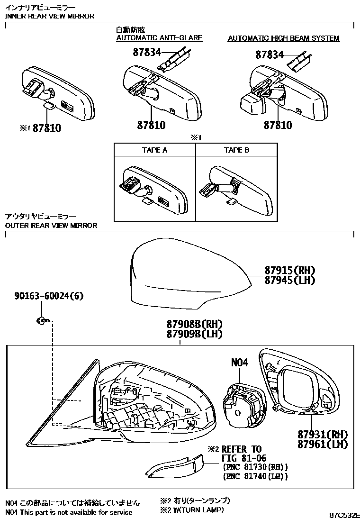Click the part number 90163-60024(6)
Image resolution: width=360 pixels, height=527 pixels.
pyautogui.click(x=49, y=296)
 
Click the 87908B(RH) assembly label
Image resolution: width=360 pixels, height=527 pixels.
pyautogui.click(x=194, y=324)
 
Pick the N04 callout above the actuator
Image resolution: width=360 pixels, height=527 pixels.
pyautogui.click(x=239, y=362)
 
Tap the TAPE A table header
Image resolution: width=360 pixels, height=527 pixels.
pyautogui.click(x=154, y=150)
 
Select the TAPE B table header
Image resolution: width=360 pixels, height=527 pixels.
pyautogui.click(x=237, y=150)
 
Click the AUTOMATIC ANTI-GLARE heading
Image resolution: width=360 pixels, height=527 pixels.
pyautogui.click(x=159, y=37)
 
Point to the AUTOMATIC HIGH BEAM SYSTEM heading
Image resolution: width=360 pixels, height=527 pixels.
pyautogui.click(x=283, y=38)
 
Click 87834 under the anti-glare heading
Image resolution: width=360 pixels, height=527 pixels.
pyautogui.click(x=147, y=52)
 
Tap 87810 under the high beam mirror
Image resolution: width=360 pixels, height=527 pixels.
pyautogui.click(x=278, y=125)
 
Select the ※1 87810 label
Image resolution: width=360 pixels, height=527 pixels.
pyautogui.click(x=40, y=128)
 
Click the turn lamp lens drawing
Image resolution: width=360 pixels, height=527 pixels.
pyautogui.click(x=175, y=466)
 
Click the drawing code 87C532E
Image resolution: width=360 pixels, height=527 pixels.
pyautogui.click(x=344, y=515)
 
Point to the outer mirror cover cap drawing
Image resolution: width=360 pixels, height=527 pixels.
pyautogui.click(x=190, y=275)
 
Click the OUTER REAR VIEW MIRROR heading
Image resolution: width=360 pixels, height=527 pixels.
pyautogui.click(x=51, y=225)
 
